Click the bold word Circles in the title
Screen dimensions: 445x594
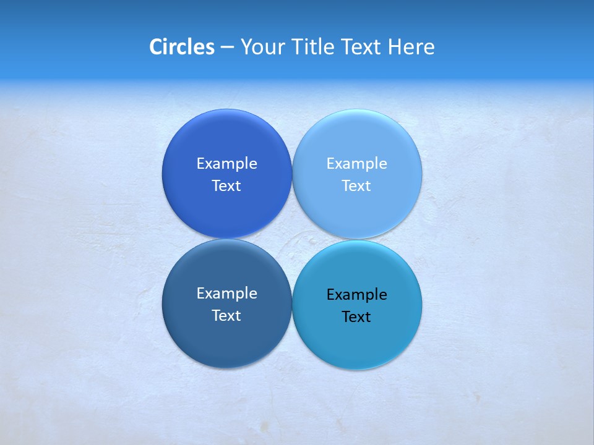181,47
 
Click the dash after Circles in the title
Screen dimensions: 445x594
227,48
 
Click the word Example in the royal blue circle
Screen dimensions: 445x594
226,164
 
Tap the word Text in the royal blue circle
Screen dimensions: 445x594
226,186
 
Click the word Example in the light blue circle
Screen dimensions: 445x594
357,164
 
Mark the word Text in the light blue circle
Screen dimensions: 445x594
357,186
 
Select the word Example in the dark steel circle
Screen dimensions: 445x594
226,294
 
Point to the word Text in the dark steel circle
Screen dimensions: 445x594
226,316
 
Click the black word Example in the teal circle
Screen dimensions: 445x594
357,295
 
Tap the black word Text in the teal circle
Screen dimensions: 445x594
357,317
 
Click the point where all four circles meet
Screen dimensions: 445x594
292,239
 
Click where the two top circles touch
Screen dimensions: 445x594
292,174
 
